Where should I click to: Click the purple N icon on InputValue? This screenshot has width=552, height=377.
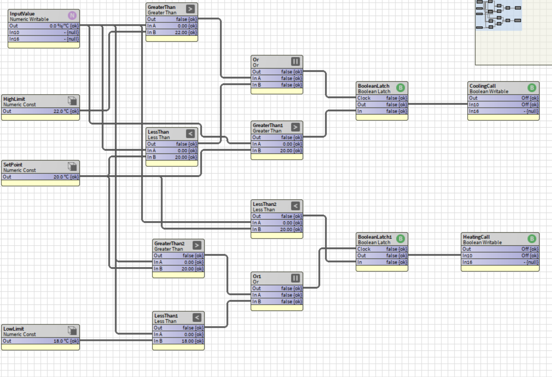pos(72,16)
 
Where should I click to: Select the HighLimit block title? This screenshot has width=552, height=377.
pos(14,99)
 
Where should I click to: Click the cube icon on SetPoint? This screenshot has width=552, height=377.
pos(72,167)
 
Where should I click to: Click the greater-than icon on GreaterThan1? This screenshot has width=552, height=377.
pos(296,127)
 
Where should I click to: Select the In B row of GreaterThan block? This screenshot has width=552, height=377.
pos(172,32)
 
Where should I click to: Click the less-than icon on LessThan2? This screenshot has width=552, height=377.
pos(296,206)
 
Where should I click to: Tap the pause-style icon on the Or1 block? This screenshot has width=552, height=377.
pos(296,278)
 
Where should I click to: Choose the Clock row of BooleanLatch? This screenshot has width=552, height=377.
pos(382,98)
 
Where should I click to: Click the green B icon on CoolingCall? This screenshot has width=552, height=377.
pos(532,88)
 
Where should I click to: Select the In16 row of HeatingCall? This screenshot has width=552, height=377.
pos(500,262)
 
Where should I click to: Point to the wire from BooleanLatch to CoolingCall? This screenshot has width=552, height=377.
pos(438,104)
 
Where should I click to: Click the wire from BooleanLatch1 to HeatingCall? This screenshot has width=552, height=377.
pos(435,255)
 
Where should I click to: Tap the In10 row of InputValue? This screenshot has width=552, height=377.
pos(44,32)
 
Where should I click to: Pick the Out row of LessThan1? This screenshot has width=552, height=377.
pos(178,328)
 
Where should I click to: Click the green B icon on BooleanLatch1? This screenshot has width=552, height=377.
pos(401,238)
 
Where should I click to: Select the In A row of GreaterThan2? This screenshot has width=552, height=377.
pos(178,262)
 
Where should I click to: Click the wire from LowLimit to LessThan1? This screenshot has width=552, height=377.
pos(116,341)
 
